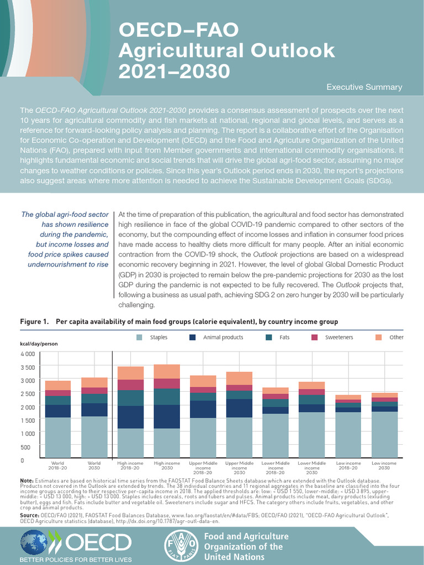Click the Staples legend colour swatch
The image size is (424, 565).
140,337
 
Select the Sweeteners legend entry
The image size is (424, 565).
338,337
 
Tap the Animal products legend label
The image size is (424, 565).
223,337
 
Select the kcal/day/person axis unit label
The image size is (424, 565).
39,344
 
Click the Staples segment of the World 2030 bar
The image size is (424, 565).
94,437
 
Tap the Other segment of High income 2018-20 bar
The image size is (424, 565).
130,373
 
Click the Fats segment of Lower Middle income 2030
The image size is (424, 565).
311,399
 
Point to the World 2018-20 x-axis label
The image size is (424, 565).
58,465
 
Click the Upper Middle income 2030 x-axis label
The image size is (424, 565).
239,468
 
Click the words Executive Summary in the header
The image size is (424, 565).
364,87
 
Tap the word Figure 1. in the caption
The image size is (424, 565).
35,322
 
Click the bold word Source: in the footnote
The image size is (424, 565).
29,515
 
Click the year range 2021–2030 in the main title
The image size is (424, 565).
174,71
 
